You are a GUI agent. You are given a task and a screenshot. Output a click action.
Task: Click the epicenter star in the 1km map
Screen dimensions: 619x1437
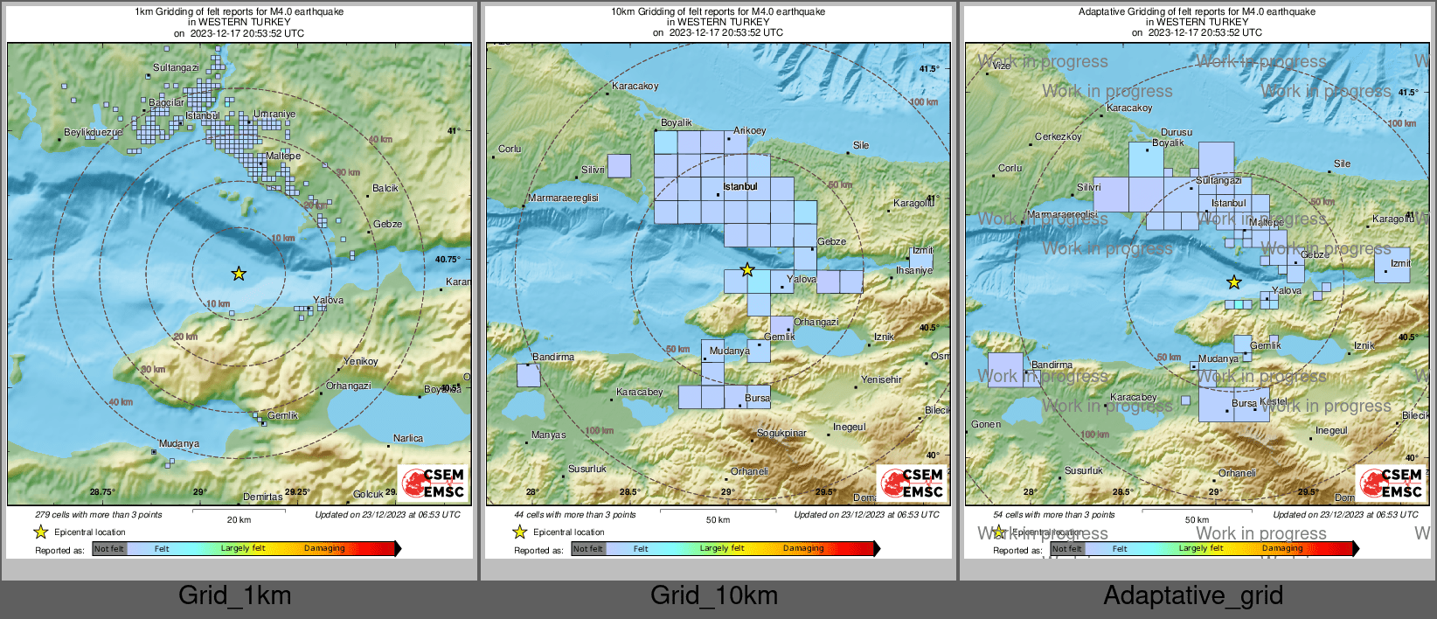(x=239, y=274)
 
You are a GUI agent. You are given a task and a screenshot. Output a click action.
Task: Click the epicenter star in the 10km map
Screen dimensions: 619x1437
(x=747, y=270)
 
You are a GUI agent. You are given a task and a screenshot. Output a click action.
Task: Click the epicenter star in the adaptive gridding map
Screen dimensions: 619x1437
(x=1233, y=282)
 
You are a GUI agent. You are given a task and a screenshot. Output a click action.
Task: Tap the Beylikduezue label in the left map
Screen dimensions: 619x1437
(x=93, y=133)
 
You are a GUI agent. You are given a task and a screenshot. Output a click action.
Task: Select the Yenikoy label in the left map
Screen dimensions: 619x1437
(x=361, y=361)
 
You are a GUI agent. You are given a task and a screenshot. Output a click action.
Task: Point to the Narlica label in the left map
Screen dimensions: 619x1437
(x=408, y=438)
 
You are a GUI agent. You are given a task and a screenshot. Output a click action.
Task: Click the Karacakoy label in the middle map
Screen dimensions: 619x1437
(x=635, y=87)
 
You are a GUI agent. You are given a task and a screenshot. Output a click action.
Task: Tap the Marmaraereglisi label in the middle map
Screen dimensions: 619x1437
(x=563, y=198)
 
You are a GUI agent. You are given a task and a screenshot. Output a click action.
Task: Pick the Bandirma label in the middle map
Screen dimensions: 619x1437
(x=553, y=357)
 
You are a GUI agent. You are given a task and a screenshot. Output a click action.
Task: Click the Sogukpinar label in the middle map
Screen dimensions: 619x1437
(x=781, y=434)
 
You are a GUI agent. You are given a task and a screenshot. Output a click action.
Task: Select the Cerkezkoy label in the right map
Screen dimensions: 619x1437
(x=1058, y=137)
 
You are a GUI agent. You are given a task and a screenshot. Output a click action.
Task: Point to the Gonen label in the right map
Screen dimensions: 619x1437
(x=986, y=425)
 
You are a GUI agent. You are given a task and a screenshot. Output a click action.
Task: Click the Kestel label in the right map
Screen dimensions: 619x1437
(x=1274, y=401)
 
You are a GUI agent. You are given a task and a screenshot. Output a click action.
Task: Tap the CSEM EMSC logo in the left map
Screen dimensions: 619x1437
(x=434, y=483)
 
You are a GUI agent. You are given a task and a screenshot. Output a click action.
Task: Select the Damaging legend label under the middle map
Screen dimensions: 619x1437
(x=802, y=549)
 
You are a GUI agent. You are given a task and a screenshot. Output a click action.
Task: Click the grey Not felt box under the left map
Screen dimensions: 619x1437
(x=109, y=549)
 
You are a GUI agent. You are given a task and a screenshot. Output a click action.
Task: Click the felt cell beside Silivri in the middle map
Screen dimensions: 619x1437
(x=619, y=165)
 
